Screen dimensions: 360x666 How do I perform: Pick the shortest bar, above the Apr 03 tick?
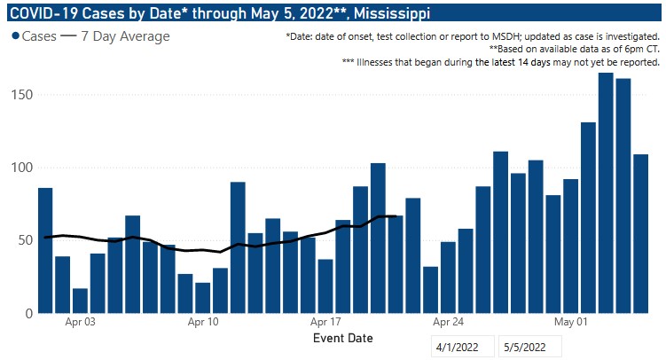[x=80, y=301]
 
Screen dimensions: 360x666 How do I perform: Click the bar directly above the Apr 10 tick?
[x=203, y=298]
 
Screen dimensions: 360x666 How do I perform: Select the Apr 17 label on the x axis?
[x=326, y=323]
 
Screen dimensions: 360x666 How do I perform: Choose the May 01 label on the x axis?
[x=571, y=323]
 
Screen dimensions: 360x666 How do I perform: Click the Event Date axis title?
[x=342, y=338]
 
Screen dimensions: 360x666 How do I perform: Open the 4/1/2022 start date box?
[x=462, y=347]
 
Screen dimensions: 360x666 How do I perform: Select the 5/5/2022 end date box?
[x=529, y=347]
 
